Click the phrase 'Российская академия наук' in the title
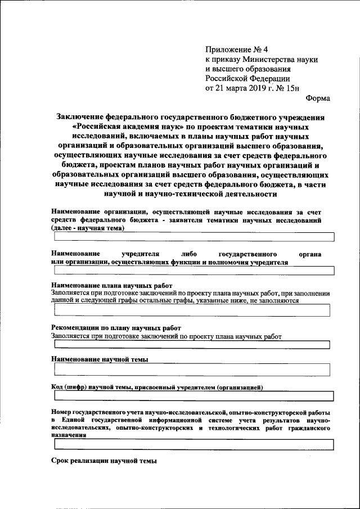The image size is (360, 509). coord(125,127)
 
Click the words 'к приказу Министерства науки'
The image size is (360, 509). coord(262,59)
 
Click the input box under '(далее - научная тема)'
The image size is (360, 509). coord(191,237)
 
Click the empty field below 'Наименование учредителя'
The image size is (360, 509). coord(191,271)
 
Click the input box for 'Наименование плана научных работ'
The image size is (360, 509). coord(191,310)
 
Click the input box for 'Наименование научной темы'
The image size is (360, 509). coord(191,370)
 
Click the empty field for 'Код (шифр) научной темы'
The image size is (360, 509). coord(191,397)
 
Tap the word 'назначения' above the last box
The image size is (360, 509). coord(69,435)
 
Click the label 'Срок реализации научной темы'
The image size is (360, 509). coord(103,461)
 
